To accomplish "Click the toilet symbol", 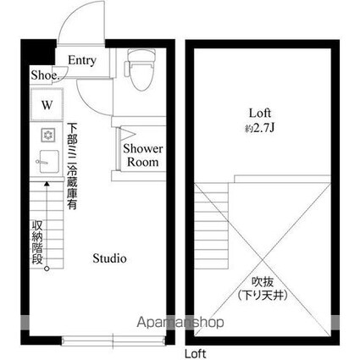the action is tap(140, 69).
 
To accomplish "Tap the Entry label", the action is tap(82, 60).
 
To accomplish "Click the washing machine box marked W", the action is tap(47, 104).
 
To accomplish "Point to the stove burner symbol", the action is tap(48, 135).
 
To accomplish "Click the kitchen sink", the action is tap(48, 161).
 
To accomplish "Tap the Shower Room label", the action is tap(143, 155).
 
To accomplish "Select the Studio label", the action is tap(109, 258).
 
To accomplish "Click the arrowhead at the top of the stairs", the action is tap(47, 184).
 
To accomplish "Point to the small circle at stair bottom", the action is tap(47, 269).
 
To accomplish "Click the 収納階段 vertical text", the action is tap(37, 242).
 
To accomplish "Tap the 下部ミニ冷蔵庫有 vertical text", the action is tap(72, 166).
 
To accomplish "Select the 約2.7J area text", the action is tap(260, 129).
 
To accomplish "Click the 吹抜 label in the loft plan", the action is tap(263, 282).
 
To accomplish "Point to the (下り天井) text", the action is tap(263, 296).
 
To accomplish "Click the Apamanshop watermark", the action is tap(180, 322).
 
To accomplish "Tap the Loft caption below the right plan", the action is tap(196, 354).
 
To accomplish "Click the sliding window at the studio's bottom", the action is tap(113, 341).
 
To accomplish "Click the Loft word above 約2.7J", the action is tap(260, 114).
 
